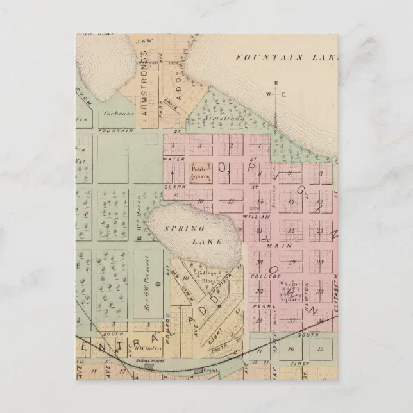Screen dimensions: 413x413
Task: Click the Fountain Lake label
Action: tap(286, 58)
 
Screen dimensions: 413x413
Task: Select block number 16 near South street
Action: tap(291, 350)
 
